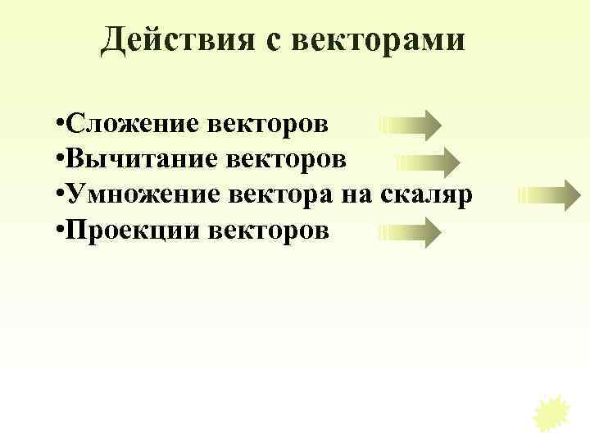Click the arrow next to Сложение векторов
(410, 126)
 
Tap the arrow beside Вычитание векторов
(428, 162)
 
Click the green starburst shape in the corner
(551, 411)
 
